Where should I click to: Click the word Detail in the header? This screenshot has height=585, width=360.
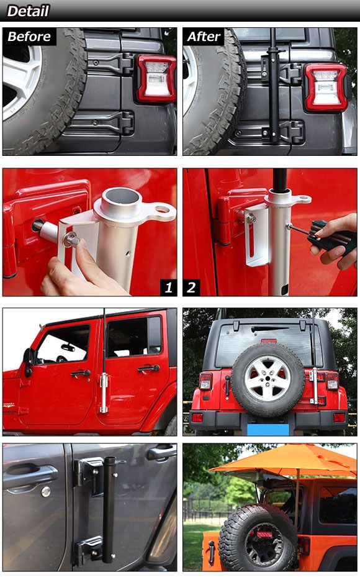[x=28, y=11]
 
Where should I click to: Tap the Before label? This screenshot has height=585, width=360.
[x=29, y=37]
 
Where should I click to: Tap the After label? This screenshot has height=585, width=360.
[x=204, y=37]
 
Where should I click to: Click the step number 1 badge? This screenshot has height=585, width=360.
[x=169, y=288]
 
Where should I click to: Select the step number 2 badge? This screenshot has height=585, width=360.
[x=191, y=288]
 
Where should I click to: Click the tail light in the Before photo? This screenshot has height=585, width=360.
[x=156, y=79]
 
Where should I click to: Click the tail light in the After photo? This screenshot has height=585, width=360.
[x=326, y=88]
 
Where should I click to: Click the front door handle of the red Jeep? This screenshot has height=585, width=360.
[x=81, y=373]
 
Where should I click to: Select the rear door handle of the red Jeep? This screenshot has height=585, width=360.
[x=148, y=369]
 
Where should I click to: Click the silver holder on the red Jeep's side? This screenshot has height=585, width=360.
[x=104, y=393]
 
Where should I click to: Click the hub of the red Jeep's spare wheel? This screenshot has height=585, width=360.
[x=268, y=378]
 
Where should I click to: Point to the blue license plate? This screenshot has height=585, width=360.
[x=268, y=429]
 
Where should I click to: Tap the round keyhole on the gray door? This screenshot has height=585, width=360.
[x=45, y=492]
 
